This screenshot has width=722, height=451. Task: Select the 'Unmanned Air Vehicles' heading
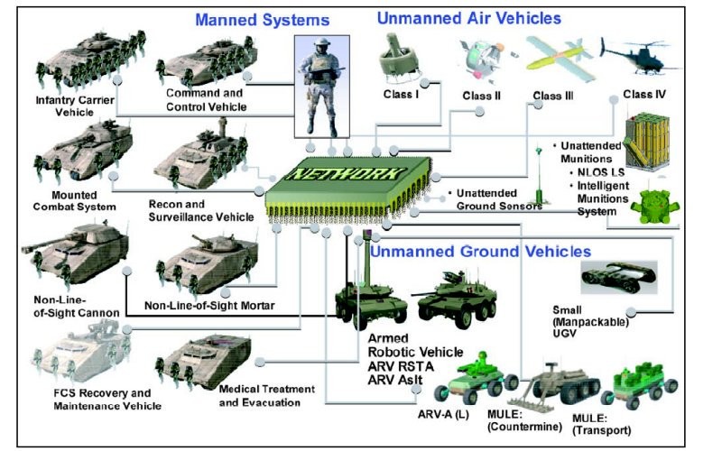click(468, 17)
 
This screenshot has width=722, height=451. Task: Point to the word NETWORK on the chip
click(352, 176)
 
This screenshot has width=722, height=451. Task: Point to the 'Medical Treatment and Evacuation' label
click(266, 395)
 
